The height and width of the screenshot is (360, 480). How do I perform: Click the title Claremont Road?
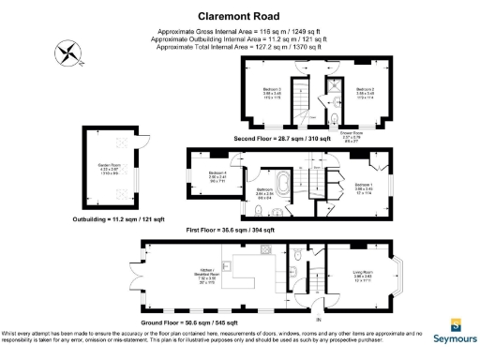point(235,16)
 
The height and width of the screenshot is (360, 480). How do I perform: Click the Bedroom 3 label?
point(272,93)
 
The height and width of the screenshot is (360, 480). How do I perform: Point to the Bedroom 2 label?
point(366,93)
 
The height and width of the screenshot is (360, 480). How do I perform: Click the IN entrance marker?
point(318,322)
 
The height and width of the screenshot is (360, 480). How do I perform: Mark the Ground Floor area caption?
point(233,322)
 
